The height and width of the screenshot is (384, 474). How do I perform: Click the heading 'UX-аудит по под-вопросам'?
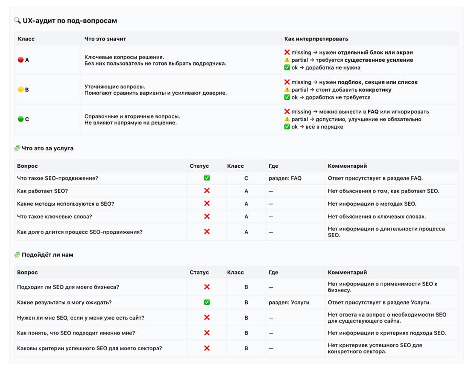(x=70, y=20)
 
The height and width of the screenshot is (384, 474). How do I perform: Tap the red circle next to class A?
(x=20, y=60)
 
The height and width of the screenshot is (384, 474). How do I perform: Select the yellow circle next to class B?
(x=20, y=90)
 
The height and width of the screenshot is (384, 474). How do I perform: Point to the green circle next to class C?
(x=20, y=119)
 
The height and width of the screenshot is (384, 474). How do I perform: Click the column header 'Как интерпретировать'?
(x=316, y=39)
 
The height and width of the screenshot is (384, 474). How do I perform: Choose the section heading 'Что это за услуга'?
(x=47, y=148)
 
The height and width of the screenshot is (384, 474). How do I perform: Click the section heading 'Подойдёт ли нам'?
(x=47, y=255)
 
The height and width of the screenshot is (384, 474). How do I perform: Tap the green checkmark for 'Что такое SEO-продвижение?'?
(x=207, y=178)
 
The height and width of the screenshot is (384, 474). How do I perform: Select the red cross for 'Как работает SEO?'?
(x=207, y=191)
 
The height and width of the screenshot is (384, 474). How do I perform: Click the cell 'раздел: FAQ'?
(x=285, y=178)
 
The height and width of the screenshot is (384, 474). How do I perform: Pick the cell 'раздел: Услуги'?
(x=289, y=303)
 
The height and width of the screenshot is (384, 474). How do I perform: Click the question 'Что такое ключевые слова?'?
(x=54, y=217)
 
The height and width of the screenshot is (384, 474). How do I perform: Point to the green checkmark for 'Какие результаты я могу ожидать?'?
(x=207, y=302)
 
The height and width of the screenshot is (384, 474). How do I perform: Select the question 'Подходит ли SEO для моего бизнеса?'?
(x=68, y=287)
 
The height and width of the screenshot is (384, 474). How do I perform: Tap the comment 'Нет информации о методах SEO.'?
(x=372, y=204)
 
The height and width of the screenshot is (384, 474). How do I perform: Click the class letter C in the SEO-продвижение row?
(x=246, y=178)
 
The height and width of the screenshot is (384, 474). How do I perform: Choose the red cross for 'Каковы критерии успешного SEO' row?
(x=207, y=348)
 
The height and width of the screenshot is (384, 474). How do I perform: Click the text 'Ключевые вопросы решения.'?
(x=124, y=57)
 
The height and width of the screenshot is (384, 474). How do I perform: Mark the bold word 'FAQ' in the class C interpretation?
(x=373, y=112)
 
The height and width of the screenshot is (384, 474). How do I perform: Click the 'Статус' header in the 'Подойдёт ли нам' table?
(x=199, y=272)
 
